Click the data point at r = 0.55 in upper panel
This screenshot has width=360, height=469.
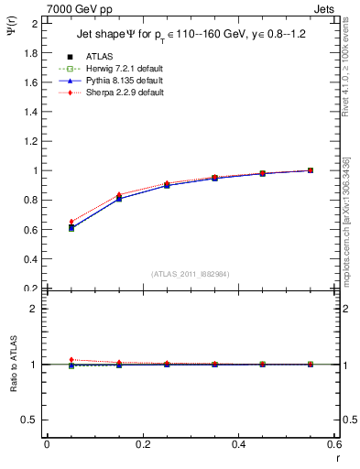311,170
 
